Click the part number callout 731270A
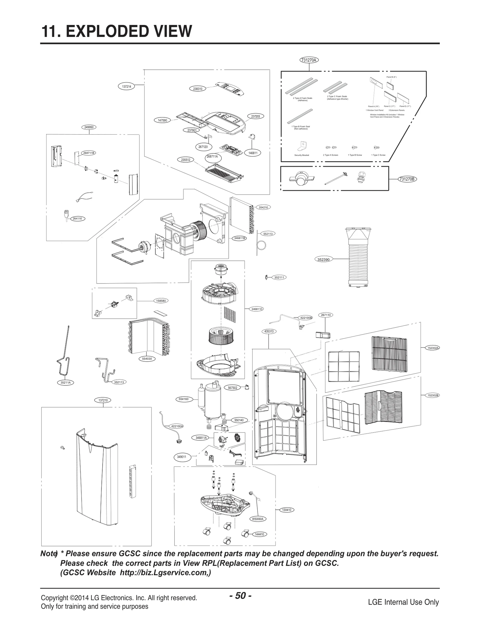point(309,60)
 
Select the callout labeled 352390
point(323,260)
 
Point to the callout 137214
point(127,87)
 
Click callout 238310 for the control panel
point(197,89)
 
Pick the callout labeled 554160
point(183,399)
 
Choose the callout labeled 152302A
point(433,348)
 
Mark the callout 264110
point(77,219)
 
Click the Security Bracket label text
point(301,155)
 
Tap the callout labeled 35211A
point(65,383)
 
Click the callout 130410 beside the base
point(286,510)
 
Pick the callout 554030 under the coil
point(147,359)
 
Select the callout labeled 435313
point(268,331)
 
